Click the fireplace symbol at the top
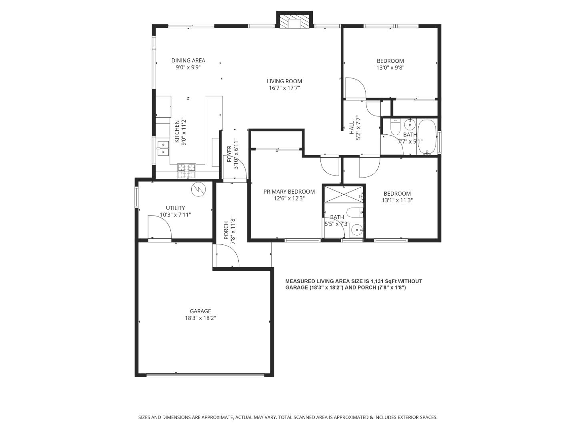coord(294,22)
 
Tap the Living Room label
coord(284,81)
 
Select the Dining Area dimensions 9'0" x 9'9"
coord(188,67)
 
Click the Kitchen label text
coord(177,131)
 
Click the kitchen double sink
coord(163,148)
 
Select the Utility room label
coord(175,208)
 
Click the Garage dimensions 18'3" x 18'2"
coord(200,318)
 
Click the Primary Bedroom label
coord(289,192)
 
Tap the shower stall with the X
coord(343,194)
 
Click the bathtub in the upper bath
coord(427,137)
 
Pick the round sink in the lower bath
coord(357,230)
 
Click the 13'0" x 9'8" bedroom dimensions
coord(390,68)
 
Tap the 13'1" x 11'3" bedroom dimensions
coord(397,200)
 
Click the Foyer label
coord(229,154)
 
